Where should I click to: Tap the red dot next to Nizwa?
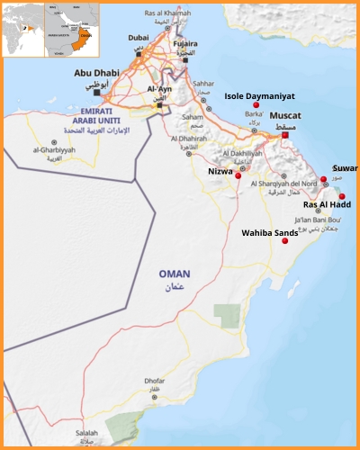pos(238,175)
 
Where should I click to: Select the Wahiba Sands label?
pos(269,232)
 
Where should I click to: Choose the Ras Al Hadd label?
pos(327,204)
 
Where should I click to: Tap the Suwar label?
pos(345,168)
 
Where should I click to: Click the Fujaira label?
pos(184,43)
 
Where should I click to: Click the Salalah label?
pos(86,433)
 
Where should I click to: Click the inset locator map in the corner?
pos(50,29)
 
